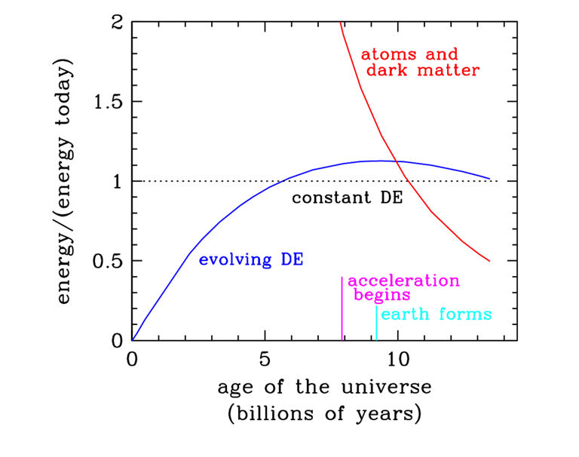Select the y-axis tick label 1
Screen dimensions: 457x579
(x=116, y=181)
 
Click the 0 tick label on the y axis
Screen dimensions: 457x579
(x=116, y=340)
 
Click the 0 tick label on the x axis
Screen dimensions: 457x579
(x=133, y=360)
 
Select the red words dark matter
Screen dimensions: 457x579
(x=422, y=71)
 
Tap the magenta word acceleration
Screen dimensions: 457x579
(x=403, y=281)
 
